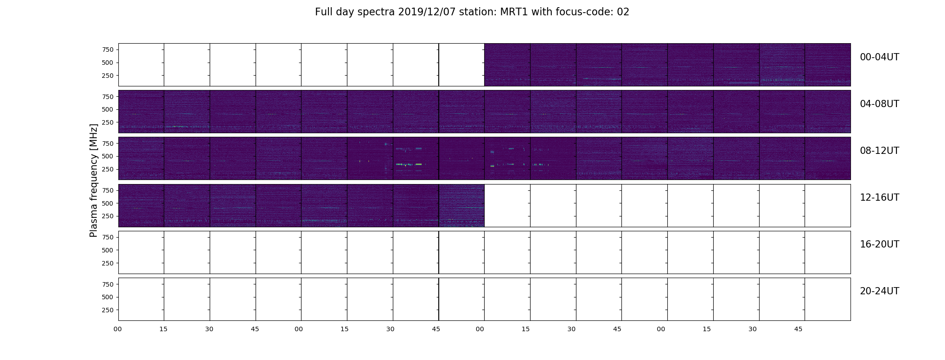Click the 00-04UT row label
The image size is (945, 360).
click(879, 57)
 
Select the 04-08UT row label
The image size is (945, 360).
click(879, 104)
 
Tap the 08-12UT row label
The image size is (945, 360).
click(879, 151)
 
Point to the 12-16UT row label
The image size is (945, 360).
click(879, 198)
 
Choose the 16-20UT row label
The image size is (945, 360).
click(879, 244)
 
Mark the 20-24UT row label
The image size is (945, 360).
click(879, 291)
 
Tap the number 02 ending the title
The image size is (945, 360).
click(623, 12)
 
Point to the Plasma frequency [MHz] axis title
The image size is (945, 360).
click(94, 180)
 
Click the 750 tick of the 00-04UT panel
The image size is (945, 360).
click(108, 49)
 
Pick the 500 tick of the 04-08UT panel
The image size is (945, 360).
click(108, 109)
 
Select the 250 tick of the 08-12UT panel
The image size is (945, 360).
click(108, 169)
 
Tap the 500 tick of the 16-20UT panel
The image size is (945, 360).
click(108, 250)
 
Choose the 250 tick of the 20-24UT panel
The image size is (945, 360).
click(108, 310)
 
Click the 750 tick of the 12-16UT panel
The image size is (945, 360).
click(108, 190)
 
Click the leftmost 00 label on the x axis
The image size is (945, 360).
click(118, 329)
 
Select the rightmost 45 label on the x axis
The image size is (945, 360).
click(798, 329)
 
